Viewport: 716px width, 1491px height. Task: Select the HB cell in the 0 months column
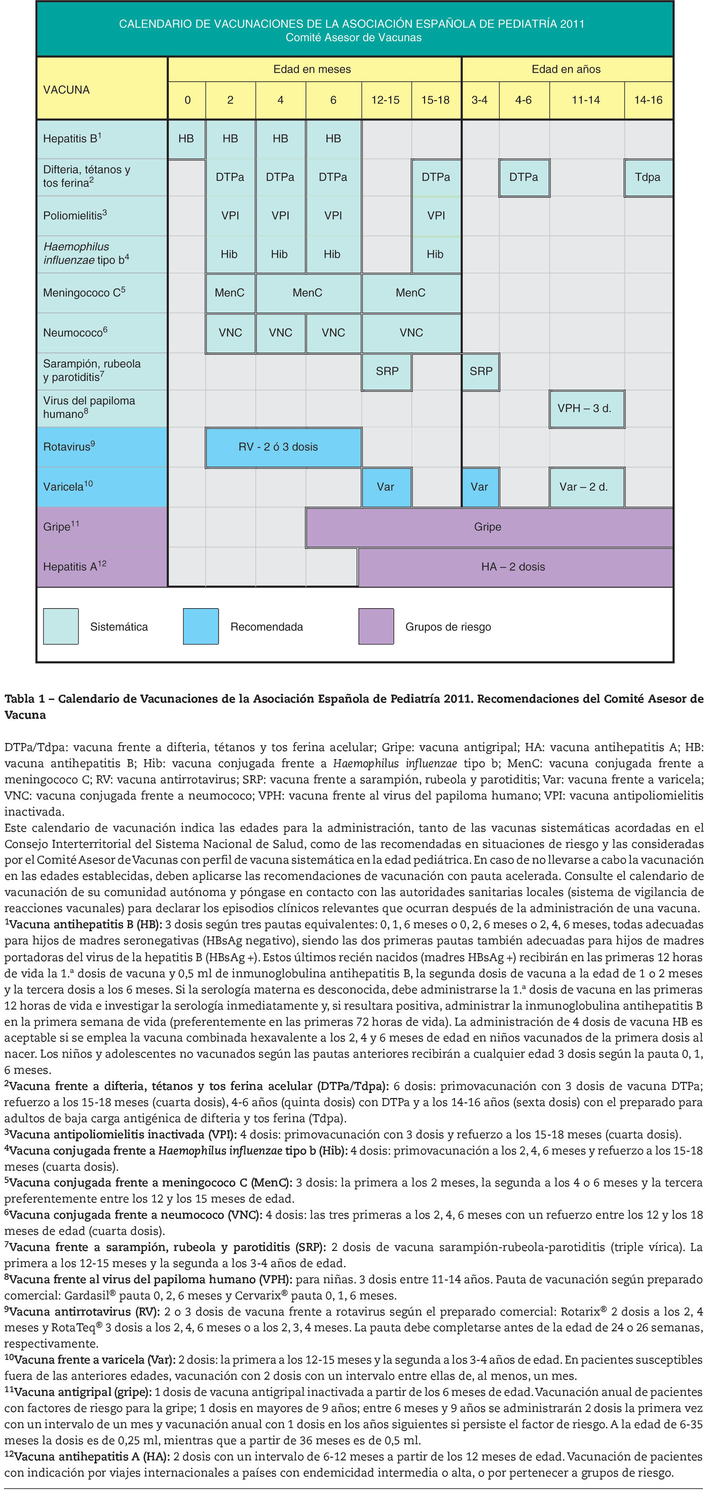186,139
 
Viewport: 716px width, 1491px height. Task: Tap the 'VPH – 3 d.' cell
586,408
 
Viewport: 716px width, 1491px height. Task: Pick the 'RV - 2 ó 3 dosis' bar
283,447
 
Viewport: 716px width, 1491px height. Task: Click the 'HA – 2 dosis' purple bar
514,567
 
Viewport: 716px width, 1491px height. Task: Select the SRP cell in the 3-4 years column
481,371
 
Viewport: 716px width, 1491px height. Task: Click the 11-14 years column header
586,100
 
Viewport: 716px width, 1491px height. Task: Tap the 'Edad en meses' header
312,70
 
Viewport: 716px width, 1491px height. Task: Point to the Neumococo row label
75,333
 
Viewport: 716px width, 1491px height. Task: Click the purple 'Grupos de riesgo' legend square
376,626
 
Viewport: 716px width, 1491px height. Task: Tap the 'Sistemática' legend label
119,627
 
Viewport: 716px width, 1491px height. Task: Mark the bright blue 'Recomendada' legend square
201,626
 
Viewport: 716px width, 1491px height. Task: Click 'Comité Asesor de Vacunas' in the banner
354,38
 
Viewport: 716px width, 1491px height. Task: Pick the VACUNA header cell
67,90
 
